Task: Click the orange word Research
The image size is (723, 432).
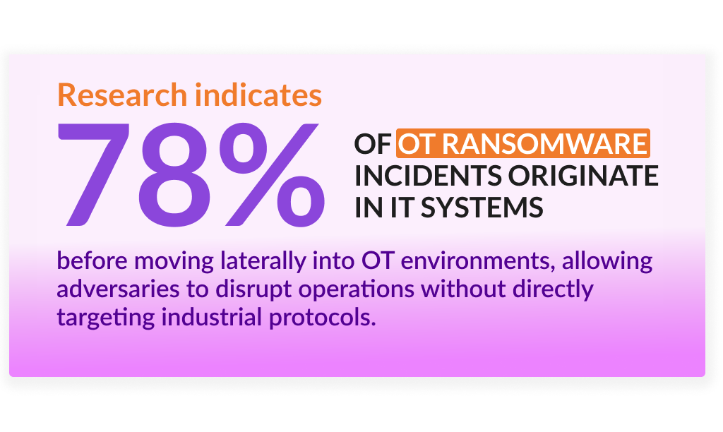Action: pyautogui.click(x=122, y=95)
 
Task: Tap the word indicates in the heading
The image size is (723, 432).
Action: pyautogui.click(x=258, y=95)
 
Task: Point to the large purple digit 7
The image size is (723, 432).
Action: pyautogui.click(x=94, y=175)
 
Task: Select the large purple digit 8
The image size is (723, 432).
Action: pyautogui.click(x=175, y=175)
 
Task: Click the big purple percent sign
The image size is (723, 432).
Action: pyautogui.click(x=271, y=175)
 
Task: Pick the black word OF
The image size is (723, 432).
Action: pyautogui.click(x=373, y=144)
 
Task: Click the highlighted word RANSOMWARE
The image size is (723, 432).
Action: pyautogui.click(x=544, y=144)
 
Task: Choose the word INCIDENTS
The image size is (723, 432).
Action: pyautogui.click(x=428, y=176)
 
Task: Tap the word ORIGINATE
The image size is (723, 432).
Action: pyautogui.click(x=582, y=176)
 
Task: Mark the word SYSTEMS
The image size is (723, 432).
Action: pyautogui.click(x=482, y=208)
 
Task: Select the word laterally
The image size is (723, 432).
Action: pyautogui.click(x=263, y=262)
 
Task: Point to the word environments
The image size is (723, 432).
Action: pyautogui.click(x=477, y=262)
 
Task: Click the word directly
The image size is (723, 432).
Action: pyautogui.click(x=553, y=290)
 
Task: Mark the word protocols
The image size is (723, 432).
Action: pyautogui.click(x=322, y=319)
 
